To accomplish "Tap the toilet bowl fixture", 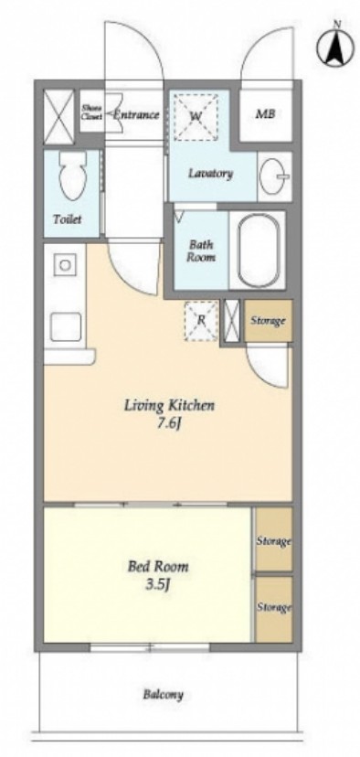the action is (x=72, y=176).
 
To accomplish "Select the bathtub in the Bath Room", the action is (x=259, y=250).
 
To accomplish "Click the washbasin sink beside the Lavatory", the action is (x=273, y=176).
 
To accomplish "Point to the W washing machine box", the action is (x=196, y=117).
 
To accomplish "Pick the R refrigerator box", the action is (x=201, y=320).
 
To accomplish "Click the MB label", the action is (x=265, y=114).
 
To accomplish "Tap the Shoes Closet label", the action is (x=91, y=112).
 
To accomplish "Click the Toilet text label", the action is (x=67, y=219).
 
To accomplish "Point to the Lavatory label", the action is (x=210, y=174).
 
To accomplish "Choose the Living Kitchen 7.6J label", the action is (x=169, y=413).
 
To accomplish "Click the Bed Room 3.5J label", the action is (x=158, y=574).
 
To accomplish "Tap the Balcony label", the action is (x=164, y=695).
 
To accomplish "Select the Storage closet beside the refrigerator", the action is (x=269, y=321).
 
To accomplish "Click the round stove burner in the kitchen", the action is (x=65, y=264).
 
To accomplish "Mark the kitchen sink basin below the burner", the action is (x=66, y=326).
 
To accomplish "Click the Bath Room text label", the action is (x=201, y=251).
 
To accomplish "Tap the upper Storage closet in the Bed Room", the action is (x=273, y=539).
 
